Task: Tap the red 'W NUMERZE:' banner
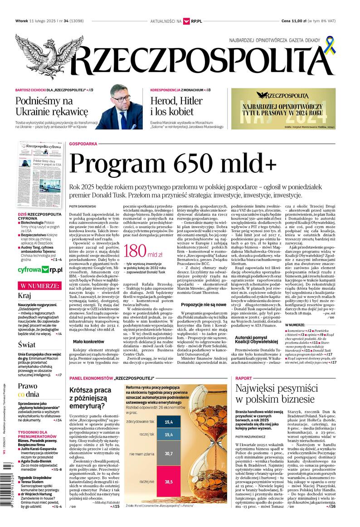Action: pos(39,286)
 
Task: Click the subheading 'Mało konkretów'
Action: pos(88,341)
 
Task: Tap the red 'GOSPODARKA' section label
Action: pos(84,144)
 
